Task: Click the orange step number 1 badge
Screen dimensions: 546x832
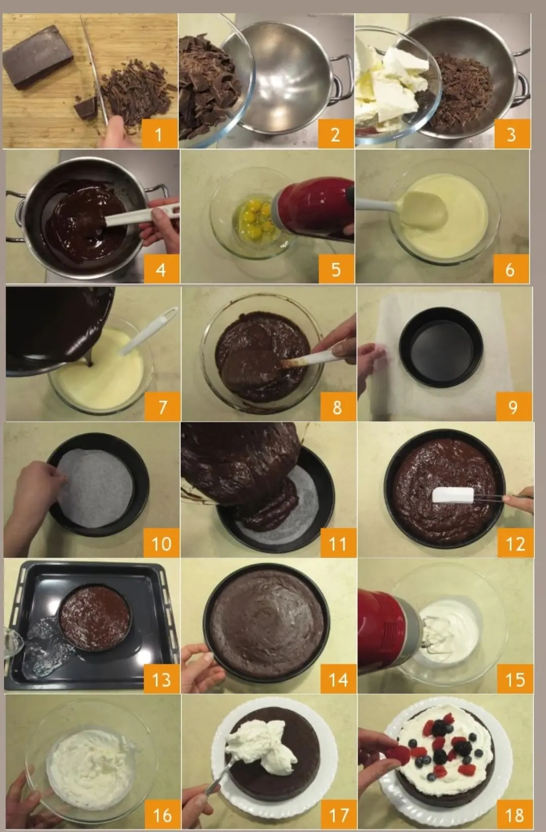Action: (x=159, y=134)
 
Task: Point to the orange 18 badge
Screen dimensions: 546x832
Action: (x=515, y=815)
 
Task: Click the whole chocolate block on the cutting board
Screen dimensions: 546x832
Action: (x=38, y=57)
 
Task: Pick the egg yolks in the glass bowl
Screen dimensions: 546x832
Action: (x=253, y=219)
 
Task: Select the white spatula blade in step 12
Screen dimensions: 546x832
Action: (x=452, y=495)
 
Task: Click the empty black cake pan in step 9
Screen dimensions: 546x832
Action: (x=441, y=348)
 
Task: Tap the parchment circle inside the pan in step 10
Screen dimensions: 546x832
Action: (x=95, y=487)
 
